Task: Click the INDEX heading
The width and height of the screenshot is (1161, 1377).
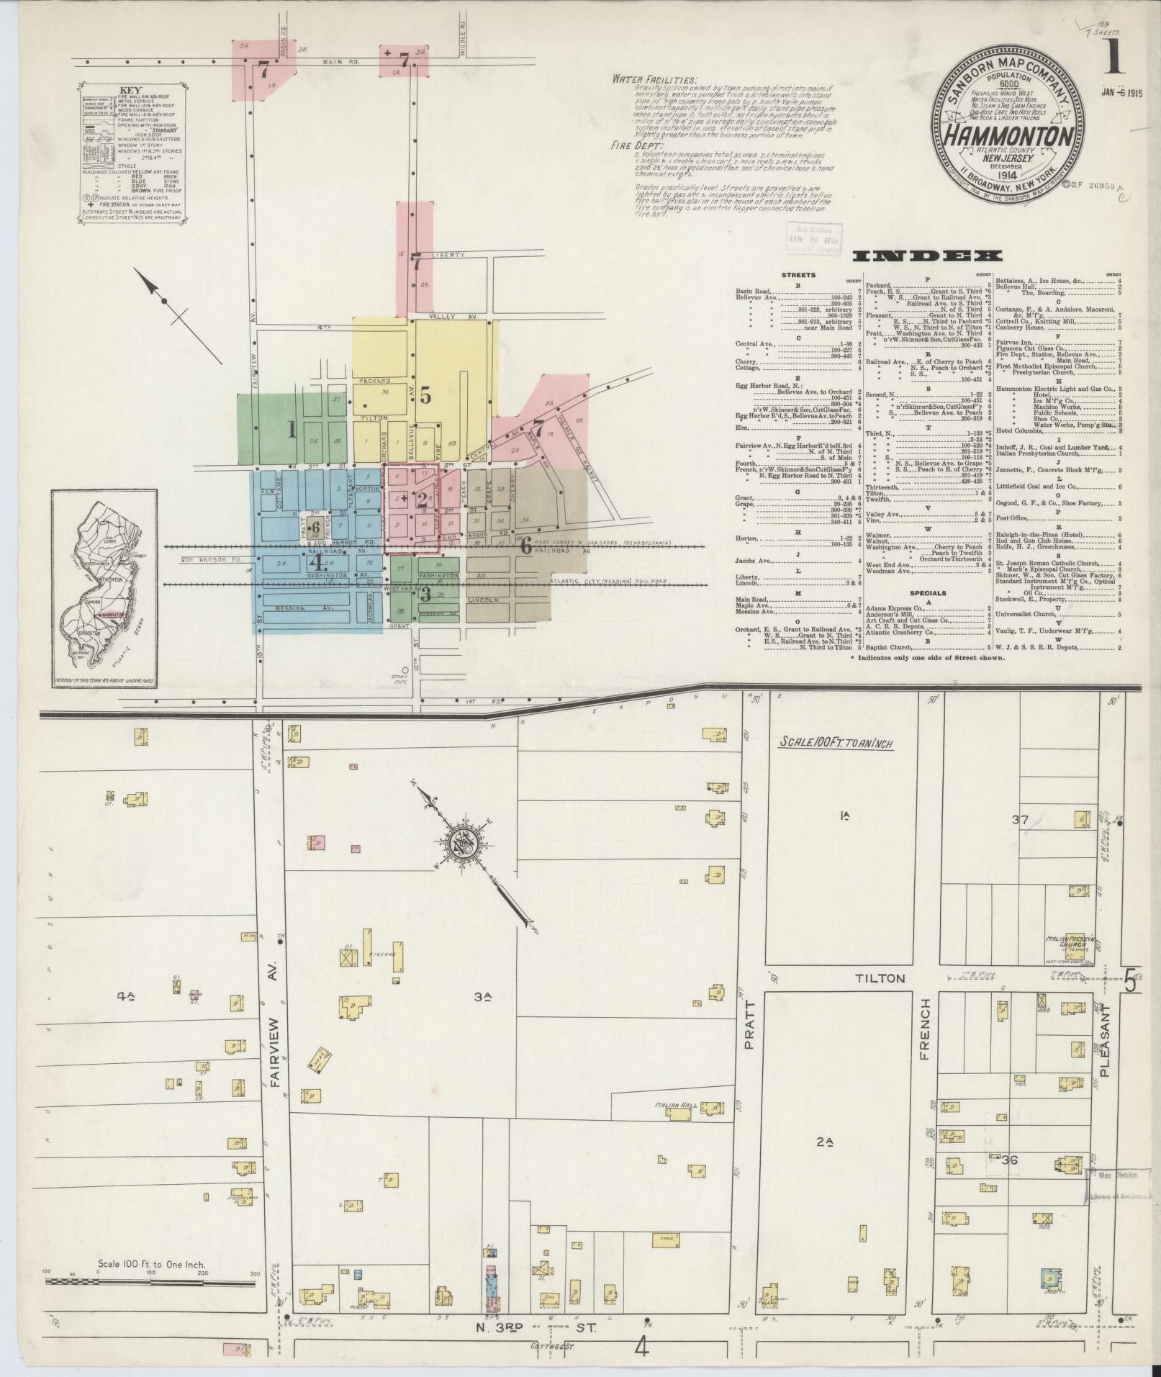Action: point(928,256)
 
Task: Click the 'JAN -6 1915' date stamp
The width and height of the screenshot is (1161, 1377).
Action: point(1123,93)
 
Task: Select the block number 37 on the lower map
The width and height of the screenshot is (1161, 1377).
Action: point(1019,818)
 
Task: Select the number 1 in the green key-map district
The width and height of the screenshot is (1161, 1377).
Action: point(292,430)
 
